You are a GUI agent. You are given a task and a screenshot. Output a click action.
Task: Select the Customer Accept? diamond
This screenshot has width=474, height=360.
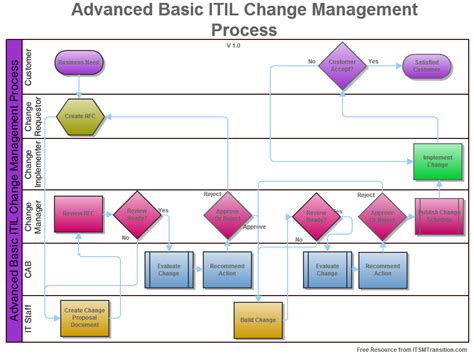point(343,67)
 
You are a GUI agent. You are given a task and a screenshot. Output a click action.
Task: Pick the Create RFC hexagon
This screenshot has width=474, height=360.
point(79,116)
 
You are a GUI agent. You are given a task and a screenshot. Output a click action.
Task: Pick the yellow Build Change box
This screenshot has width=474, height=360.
point(257,319)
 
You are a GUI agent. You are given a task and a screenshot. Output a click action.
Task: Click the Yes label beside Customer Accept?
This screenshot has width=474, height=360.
point(373,62)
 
